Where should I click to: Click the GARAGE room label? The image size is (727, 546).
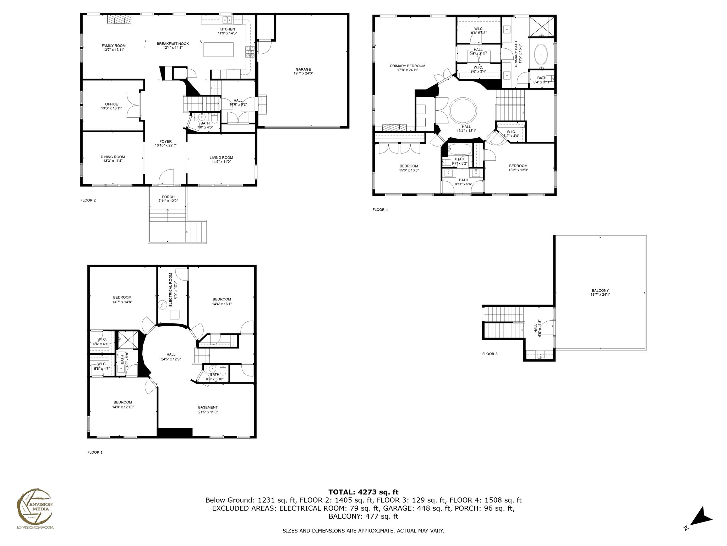tap(303, 69)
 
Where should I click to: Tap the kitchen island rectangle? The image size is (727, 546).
tap(219, 49)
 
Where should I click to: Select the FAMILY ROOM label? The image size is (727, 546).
tap(114, 45)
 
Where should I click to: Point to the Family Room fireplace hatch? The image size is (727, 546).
tap(119, 20)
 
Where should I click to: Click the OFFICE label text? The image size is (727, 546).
tap(111, 104)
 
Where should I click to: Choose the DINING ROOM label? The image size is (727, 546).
tap(113, 157)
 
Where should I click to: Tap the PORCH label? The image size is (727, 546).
tap(168, 197)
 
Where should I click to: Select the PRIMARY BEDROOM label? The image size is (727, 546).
tap(408, 66)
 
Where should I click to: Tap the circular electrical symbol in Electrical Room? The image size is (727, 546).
tap(163, 305)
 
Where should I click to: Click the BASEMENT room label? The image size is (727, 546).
tap(208, 407)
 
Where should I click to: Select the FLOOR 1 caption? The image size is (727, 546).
tap(95, 453)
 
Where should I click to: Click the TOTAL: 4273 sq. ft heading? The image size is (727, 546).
tap(363, 492)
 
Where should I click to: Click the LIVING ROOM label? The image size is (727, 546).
tap(221, 157)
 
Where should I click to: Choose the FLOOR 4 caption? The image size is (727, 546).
tap(380, 210)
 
